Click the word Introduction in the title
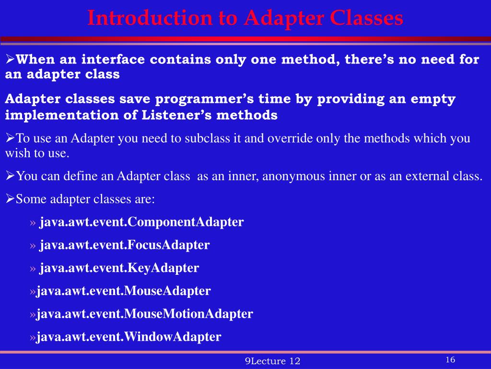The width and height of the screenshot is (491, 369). [x=149, y=18]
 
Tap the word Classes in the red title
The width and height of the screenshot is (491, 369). [x=366, y=18]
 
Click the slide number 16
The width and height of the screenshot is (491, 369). [x=450, y=360]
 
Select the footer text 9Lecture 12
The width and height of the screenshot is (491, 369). [x=272, y=361]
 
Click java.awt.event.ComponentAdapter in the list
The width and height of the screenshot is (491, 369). [x=141, y=222]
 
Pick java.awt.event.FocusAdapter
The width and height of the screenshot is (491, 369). [x=124, y=245]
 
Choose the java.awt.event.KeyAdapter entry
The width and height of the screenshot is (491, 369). [x=119, y=268]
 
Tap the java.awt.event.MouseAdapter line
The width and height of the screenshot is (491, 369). [x=124, y=291]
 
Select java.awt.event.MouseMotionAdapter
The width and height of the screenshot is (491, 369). [x=145, y=314]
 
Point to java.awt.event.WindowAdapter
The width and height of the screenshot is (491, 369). [x=129, y=337]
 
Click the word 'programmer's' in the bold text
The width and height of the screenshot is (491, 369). [x=199, y=99]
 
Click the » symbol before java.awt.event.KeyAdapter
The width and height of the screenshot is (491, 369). [x=33, y=268]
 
